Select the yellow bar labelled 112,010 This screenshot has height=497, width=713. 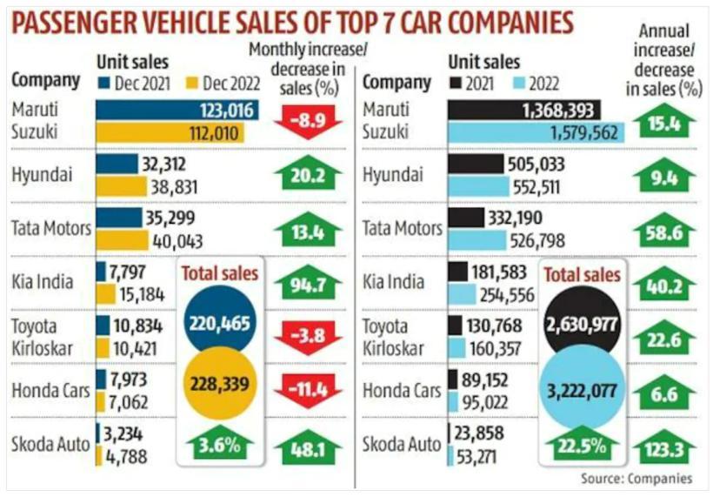pyautogui.click(x=170, y=132)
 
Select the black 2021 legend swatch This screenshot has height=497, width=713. pyautogui.click(x=456, y=84)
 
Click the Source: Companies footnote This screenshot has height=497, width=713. pyautogui.click(x=636, y=479)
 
